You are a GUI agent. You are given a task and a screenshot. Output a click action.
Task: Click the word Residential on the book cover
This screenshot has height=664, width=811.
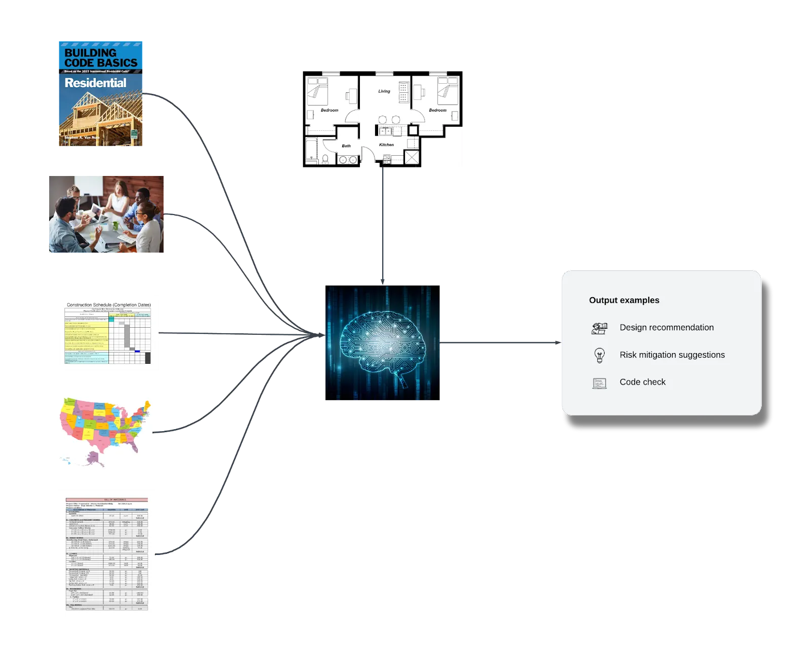coord(95,83)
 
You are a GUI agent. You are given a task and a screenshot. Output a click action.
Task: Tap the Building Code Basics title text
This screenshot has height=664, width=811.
coord(101,58)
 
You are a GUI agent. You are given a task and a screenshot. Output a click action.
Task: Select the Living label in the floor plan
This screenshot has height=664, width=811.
coord(384,91)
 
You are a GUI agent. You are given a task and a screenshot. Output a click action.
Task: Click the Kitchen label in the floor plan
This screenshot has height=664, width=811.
coord(386,145)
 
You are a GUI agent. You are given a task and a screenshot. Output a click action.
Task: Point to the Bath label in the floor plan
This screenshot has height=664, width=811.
coord(346,146)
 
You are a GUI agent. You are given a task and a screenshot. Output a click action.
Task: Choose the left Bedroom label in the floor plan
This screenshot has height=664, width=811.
coord(329,110)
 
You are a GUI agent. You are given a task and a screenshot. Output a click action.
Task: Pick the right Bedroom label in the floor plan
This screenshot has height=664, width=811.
coord(437,110)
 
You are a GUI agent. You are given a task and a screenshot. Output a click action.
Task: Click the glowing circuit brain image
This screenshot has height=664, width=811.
coord(383,343)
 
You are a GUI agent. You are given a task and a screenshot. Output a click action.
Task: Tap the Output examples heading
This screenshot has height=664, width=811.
coord(624,300)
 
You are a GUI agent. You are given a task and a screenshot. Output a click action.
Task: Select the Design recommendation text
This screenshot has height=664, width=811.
coord(667,328)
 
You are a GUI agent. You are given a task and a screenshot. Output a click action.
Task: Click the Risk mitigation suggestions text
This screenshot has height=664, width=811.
coord(672,355)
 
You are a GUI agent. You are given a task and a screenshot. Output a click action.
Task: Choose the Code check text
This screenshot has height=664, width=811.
coord(642,382)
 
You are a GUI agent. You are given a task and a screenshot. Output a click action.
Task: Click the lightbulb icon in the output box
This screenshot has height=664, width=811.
coord(600,355)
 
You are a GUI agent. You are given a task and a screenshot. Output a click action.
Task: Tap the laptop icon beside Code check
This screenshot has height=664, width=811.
coord(600,383)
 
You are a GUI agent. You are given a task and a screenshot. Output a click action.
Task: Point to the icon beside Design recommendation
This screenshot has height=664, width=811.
coord(600,328)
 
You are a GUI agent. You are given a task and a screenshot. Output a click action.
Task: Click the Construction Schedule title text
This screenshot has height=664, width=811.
coord(108,305)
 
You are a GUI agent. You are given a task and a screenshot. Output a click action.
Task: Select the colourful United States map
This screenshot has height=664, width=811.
coord(105,432)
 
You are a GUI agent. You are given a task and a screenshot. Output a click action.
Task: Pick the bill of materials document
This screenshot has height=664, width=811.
coord(107,553)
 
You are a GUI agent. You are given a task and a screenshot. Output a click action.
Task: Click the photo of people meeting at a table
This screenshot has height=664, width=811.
coord(107,215)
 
